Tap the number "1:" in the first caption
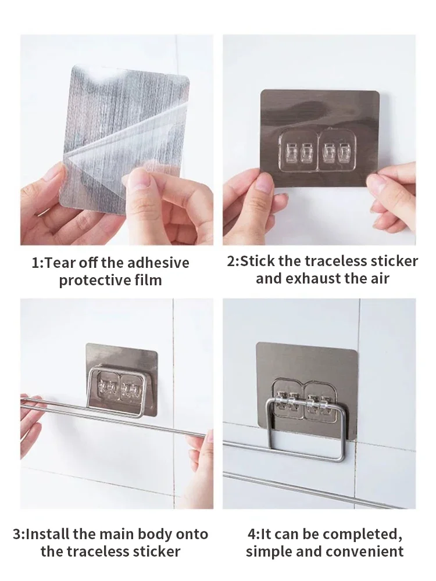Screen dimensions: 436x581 click(x=38, y=263)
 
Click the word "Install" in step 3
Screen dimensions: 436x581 click(x=48, y=535)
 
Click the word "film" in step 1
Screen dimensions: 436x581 click(x=148, y=280)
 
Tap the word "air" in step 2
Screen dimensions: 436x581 click(x=378, y=279)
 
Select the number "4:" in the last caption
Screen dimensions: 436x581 click(x=253, y=535)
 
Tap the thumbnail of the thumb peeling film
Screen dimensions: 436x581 click(x=139, y=178)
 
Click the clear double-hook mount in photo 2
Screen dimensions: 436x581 click(x=317, y=150)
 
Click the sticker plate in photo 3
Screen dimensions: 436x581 click(x=121, y=378)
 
